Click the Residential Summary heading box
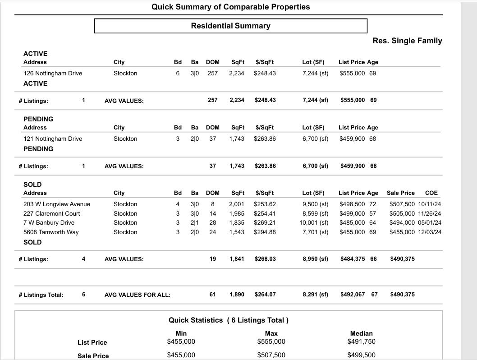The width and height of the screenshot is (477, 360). [230, 26]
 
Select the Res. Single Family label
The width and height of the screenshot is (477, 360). [407, 41]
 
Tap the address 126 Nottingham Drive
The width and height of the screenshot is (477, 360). [53, 73]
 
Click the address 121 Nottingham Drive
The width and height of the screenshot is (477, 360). [53, 138]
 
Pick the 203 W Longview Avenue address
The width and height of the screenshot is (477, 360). [57, 204]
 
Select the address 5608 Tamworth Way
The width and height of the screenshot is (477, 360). [51, 232]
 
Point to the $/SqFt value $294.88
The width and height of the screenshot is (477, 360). [265, 232]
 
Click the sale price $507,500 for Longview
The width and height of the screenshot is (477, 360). [402, 204]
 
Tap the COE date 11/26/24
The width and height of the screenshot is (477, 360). [430, 213]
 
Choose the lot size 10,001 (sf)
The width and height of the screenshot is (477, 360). [314, 222]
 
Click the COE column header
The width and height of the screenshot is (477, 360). [431, 193]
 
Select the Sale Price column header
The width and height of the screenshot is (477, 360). [400, 193]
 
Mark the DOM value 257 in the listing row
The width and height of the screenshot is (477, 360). [213, 73]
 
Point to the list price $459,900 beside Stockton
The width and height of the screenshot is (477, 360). [352, 138]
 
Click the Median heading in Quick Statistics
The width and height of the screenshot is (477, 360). [361, 333]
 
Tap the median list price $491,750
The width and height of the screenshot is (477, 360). [361, 342]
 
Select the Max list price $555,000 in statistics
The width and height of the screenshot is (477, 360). [271, 342]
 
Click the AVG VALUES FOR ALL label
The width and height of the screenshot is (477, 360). [138, 295]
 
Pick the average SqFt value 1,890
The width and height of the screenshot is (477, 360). [237, 294]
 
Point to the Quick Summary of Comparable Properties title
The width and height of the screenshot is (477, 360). [230, 7]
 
